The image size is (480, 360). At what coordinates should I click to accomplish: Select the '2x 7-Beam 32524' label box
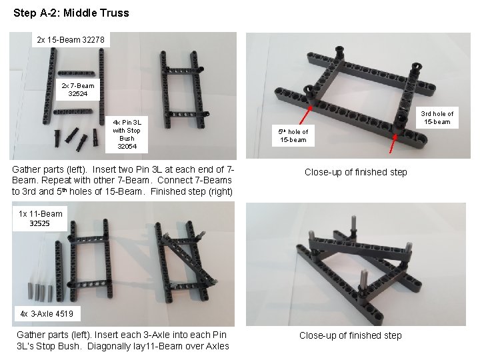pos(78,90)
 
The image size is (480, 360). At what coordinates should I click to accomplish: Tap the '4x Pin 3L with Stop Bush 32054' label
pos(127,134)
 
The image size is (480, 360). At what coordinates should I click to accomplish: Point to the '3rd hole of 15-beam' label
pos(437,117)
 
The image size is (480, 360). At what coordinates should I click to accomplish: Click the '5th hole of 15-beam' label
pos(293,135)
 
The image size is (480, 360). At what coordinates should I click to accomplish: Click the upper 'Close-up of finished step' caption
pos(355,172)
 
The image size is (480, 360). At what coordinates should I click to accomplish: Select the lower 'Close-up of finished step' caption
pos(350,335)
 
